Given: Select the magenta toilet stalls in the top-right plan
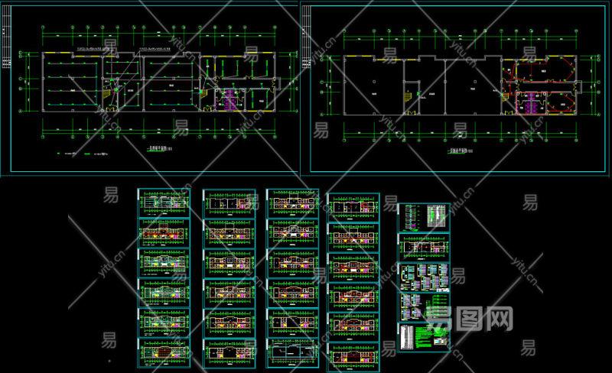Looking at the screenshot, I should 529,101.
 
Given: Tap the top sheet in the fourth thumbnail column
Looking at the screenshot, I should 353,206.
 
